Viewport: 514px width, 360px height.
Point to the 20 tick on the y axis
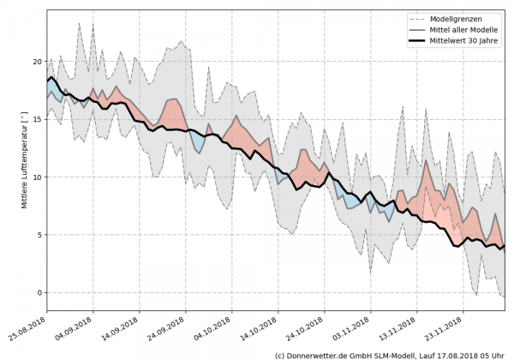[x=38, y=62]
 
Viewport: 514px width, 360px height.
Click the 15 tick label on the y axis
[x=38, y=120]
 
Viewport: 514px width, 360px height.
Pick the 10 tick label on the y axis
[x=38, y=177]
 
